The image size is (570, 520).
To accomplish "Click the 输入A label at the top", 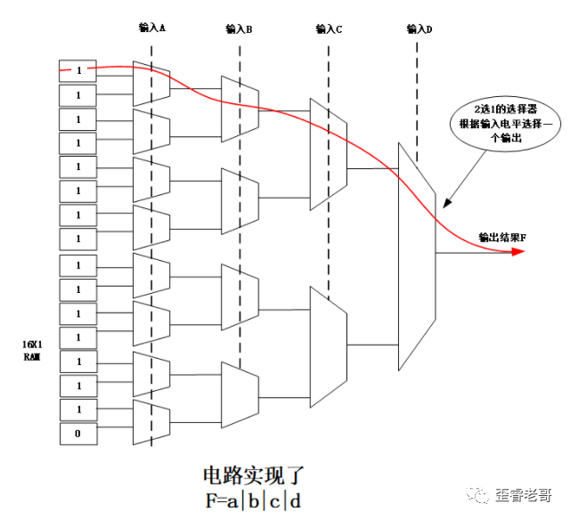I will pos(152,28).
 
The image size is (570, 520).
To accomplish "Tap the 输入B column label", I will pos(240,29).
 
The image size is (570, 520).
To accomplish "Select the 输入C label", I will pos(329,29).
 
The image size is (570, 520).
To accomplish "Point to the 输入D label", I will pos(419,29).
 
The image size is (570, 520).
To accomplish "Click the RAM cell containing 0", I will pos(77,434).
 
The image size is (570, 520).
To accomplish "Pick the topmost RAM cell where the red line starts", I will pos(77,69).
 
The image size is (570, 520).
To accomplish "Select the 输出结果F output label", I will pos(501,237).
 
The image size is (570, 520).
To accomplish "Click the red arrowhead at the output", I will pos(517,252).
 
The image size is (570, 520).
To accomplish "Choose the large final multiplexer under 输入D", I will pos(416,256).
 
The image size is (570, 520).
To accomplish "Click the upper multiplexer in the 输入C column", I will pos(327,154).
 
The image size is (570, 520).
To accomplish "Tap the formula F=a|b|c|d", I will pos(254,500).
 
